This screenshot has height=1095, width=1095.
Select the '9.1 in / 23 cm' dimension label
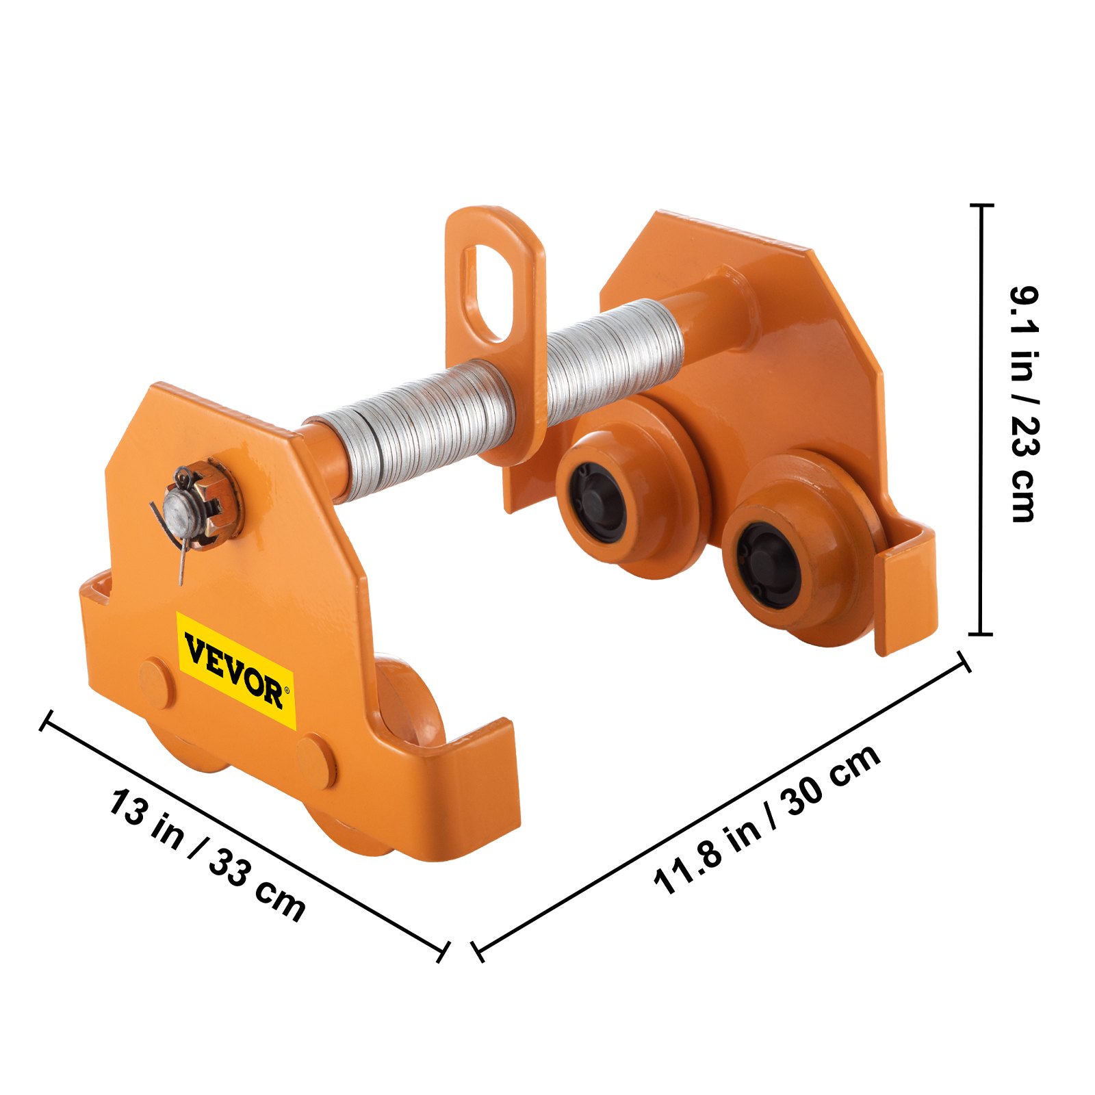[x=1025, y=404]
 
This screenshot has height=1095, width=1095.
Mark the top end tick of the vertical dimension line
[x=981, y=205]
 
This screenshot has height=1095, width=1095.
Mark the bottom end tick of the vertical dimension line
[x=981, y=634]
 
